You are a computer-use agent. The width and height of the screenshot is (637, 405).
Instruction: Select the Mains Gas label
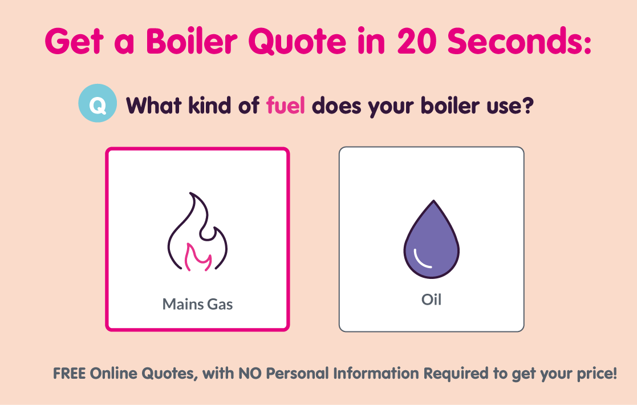[x=197, y=303]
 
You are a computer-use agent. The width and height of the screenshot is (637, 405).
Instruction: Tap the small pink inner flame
[x=198, y=256]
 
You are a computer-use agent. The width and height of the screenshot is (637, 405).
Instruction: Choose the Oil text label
[x=431, y=299]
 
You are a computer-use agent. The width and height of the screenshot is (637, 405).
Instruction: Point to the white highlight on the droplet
[x=423, y=260]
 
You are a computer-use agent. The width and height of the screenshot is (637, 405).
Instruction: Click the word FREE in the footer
[x=70, y=374]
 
